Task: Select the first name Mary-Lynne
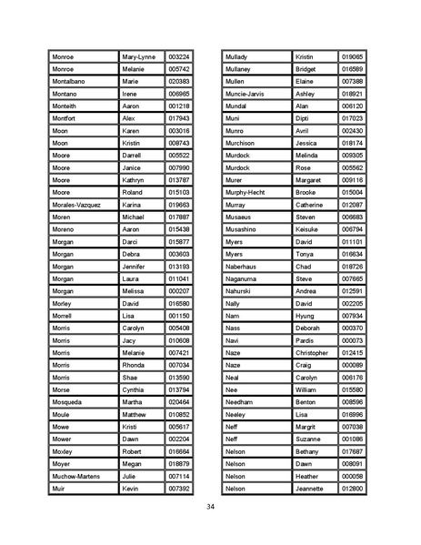tap(138, 56)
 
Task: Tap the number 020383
tap(179, 81)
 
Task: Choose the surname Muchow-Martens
tap(76, 476)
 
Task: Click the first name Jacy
tap(131, 340)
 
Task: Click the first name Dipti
tap(305, 118)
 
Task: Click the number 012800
tap(352, 489)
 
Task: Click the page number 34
tap(210, 507)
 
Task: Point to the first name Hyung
tap(306, 316)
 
